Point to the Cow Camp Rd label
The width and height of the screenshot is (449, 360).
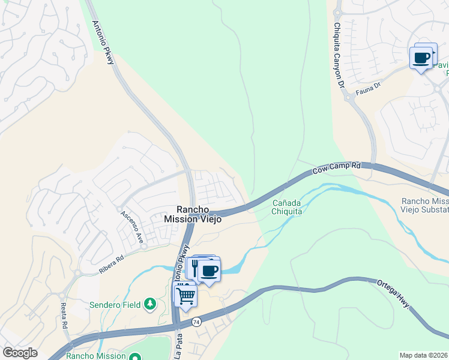coord(336,168)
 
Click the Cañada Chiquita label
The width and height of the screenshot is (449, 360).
coord(286,206)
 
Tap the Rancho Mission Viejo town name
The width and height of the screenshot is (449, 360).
coord(193,214)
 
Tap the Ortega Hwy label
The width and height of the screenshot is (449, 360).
coord(394,293)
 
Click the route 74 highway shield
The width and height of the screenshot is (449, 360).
coord(196,322)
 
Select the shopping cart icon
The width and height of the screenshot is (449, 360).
coord(185,295)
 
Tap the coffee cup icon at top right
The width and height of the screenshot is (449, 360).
coord(421,58)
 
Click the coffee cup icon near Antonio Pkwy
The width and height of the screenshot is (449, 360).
coord(209,270)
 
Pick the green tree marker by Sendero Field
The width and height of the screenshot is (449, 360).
coord(149,305)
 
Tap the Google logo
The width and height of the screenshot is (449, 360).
coord(19,353)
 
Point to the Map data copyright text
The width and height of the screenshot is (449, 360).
coord(423,355)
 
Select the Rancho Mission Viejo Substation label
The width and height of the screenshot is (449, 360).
coord(424,205)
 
